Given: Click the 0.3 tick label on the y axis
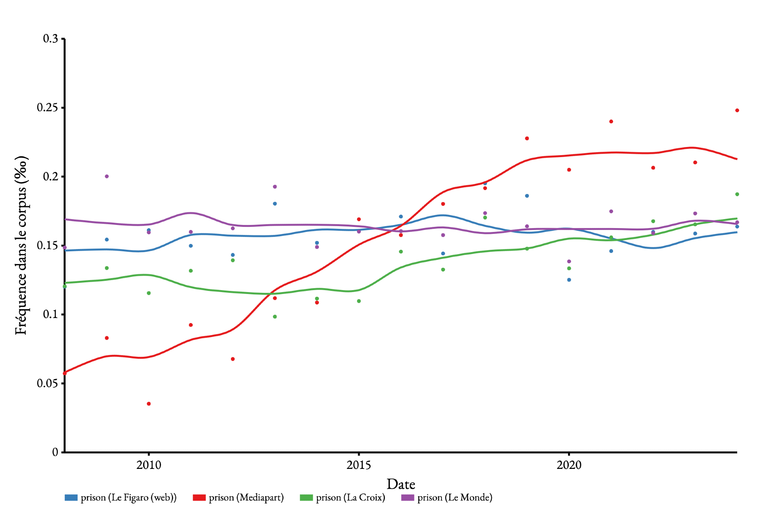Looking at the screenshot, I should (50, 39).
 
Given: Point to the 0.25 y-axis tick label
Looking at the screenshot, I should (48, 107).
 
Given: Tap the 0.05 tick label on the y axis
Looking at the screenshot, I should (48, 383).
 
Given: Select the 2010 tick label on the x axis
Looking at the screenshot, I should (149, 465).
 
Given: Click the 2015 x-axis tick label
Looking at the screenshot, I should (359, 465).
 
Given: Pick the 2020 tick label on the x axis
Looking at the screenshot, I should (569, 465).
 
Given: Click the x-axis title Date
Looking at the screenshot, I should (401, 484).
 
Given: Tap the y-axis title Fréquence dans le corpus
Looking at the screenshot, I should (21, 245).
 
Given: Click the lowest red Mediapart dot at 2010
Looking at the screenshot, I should (149, 404).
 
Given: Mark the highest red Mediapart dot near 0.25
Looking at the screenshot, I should (737, 111).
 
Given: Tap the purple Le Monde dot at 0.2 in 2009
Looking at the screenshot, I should (107, 176).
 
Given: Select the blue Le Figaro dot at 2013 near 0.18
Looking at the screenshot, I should (275, 204).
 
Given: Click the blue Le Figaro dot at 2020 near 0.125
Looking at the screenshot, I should (569, 280).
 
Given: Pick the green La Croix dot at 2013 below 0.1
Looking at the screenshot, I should (275, 317).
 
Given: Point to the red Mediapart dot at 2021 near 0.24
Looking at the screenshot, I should (611, 121).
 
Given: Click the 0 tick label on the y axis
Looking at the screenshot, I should (55, 452).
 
